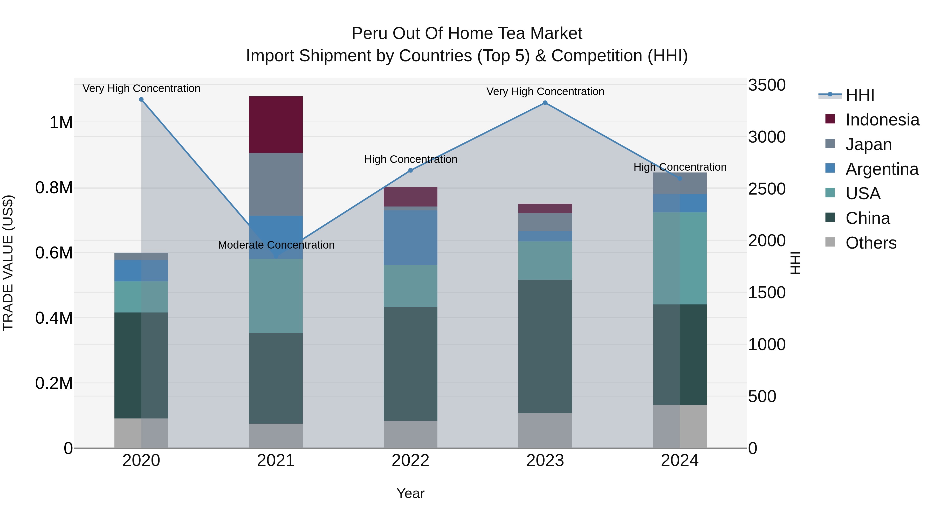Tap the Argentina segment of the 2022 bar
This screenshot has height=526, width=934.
click(x=410, y=237)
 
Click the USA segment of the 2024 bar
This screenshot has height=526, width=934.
click(x=679, y=258)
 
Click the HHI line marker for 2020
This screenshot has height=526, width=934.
click(x=141, y=99)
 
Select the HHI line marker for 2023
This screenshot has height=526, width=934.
click(x=545, y=103)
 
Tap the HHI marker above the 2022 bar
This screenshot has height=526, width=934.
click(x=410, y=170)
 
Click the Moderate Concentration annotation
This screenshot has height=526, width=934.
click(x=276, y=245)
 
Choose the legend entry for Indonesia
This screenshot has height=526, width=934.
click(x=882, y=120)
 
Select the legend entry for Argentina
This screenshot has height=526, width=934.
click(x=882, y=169)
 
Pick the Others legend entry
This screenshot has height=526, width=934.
click(x=871, y=243)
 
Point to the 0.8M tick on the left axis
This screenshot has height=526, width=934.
click(x=54, y=188)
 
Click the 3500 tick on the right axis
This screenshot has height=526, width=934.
click(x=766, y=85)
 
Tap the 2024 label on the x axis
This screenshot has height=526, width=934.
click(x=679, y=460)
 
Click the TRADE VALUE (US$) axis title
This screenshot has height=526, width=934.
click(x=8, y=263)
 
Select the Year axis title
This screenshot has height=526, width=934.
click(x=410, y=493)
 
